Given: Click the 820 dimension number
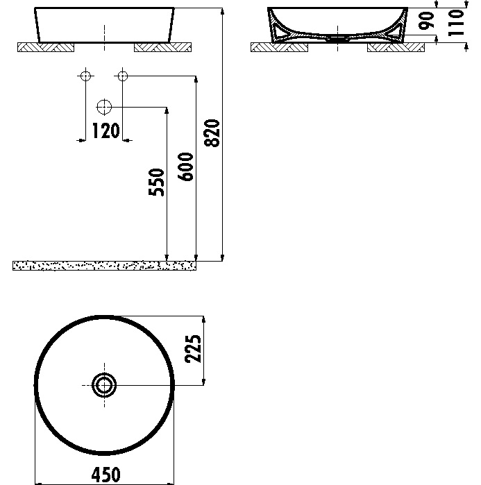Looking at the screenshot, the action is pos(212,133).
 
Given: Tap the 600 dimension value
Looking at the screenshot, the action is pos(185,167).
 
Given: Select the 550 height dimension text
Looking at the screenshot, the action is pos(156,182).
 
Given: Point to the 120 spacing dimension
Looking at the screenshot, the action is pos(106,130).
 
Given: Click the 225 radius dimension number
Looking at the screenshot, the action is pos(193,348).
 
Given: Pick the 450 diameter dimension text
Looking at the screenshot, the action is pos(106,475).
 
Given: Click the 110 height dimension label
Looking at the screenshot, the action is pos(456,23).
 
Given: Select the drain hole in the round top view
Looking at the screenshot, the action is pos(104,385).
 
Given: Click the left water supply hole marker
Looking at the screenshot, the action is pos(85,76).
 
